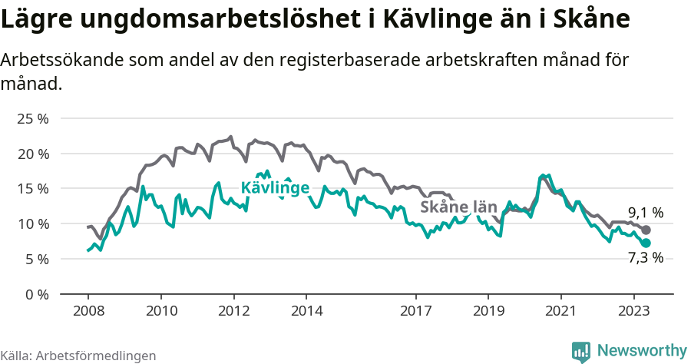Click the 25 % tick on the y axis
32,119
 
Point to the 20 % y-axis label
32,154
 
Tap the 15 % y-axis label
32,189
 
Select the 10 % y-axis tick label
32,224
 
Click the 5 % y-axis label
35,260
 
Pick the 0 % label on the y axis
35,295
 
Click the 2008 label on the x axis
88,311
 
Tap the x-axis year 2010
161,311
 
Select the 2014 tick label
306,311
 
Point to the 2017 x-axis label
415,311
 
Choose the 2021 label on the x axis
561,311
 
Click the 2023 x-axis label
634,311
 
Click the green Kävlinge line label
275,188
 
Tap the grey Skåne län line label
458,207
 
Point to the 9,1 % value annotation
646,213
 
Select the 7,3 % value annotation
646,258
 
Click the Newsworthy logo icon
581,352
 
